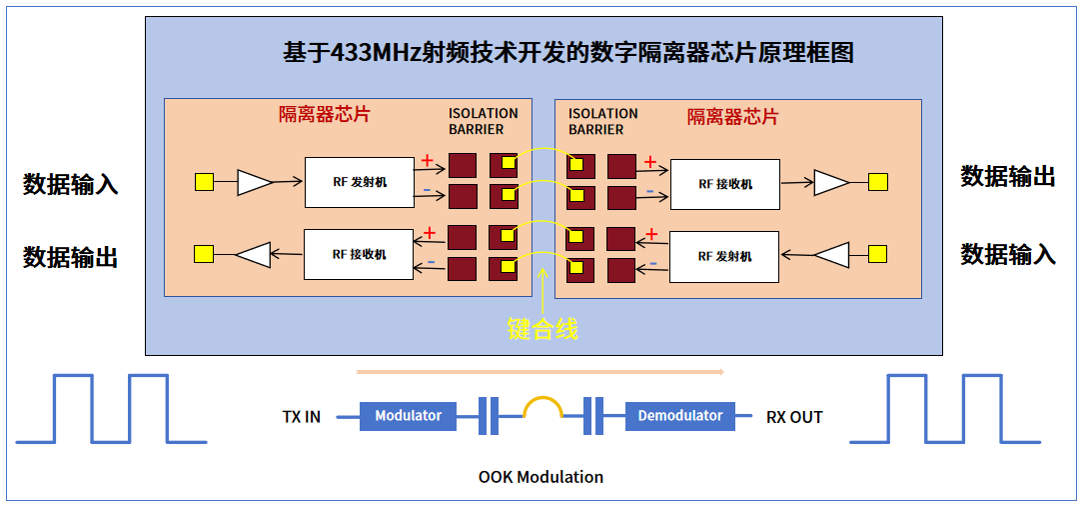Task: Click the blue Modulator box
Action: tap(408, 416)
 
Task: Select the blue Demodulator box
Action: tap(679, 416)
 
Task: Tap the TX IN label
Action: tap(302, 417)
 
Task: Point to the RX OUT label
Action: tap(794, 417)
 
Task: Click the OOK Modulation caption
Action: tap(541, 477)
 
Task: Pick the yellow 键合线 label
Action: tap(542, 328)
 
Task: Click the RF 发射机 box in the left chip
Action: tap(359, 182)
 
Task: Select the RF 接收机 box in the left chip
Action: tap(359, 255)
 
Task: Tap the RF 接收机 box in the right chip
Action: tap(724, 184)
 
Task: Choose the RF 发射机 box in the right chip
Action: tap(724, 257)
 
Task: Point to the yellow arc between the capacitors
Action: tap(542, 405)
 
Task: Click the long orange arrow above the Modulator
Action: tap(540, 371)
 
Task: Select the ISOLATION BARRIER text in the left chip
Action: tap(483, 121)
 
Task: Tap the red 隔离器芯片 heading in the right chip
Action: tap(732, 117)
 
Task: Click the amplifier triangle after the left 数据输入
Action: tap(255, 182)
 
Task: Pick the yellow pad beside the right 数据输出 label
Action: tap(877, 182)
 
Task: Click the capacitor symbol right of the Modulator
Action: tap(489, 416)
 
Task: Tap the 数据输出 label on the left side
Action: tap(71, 257)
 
